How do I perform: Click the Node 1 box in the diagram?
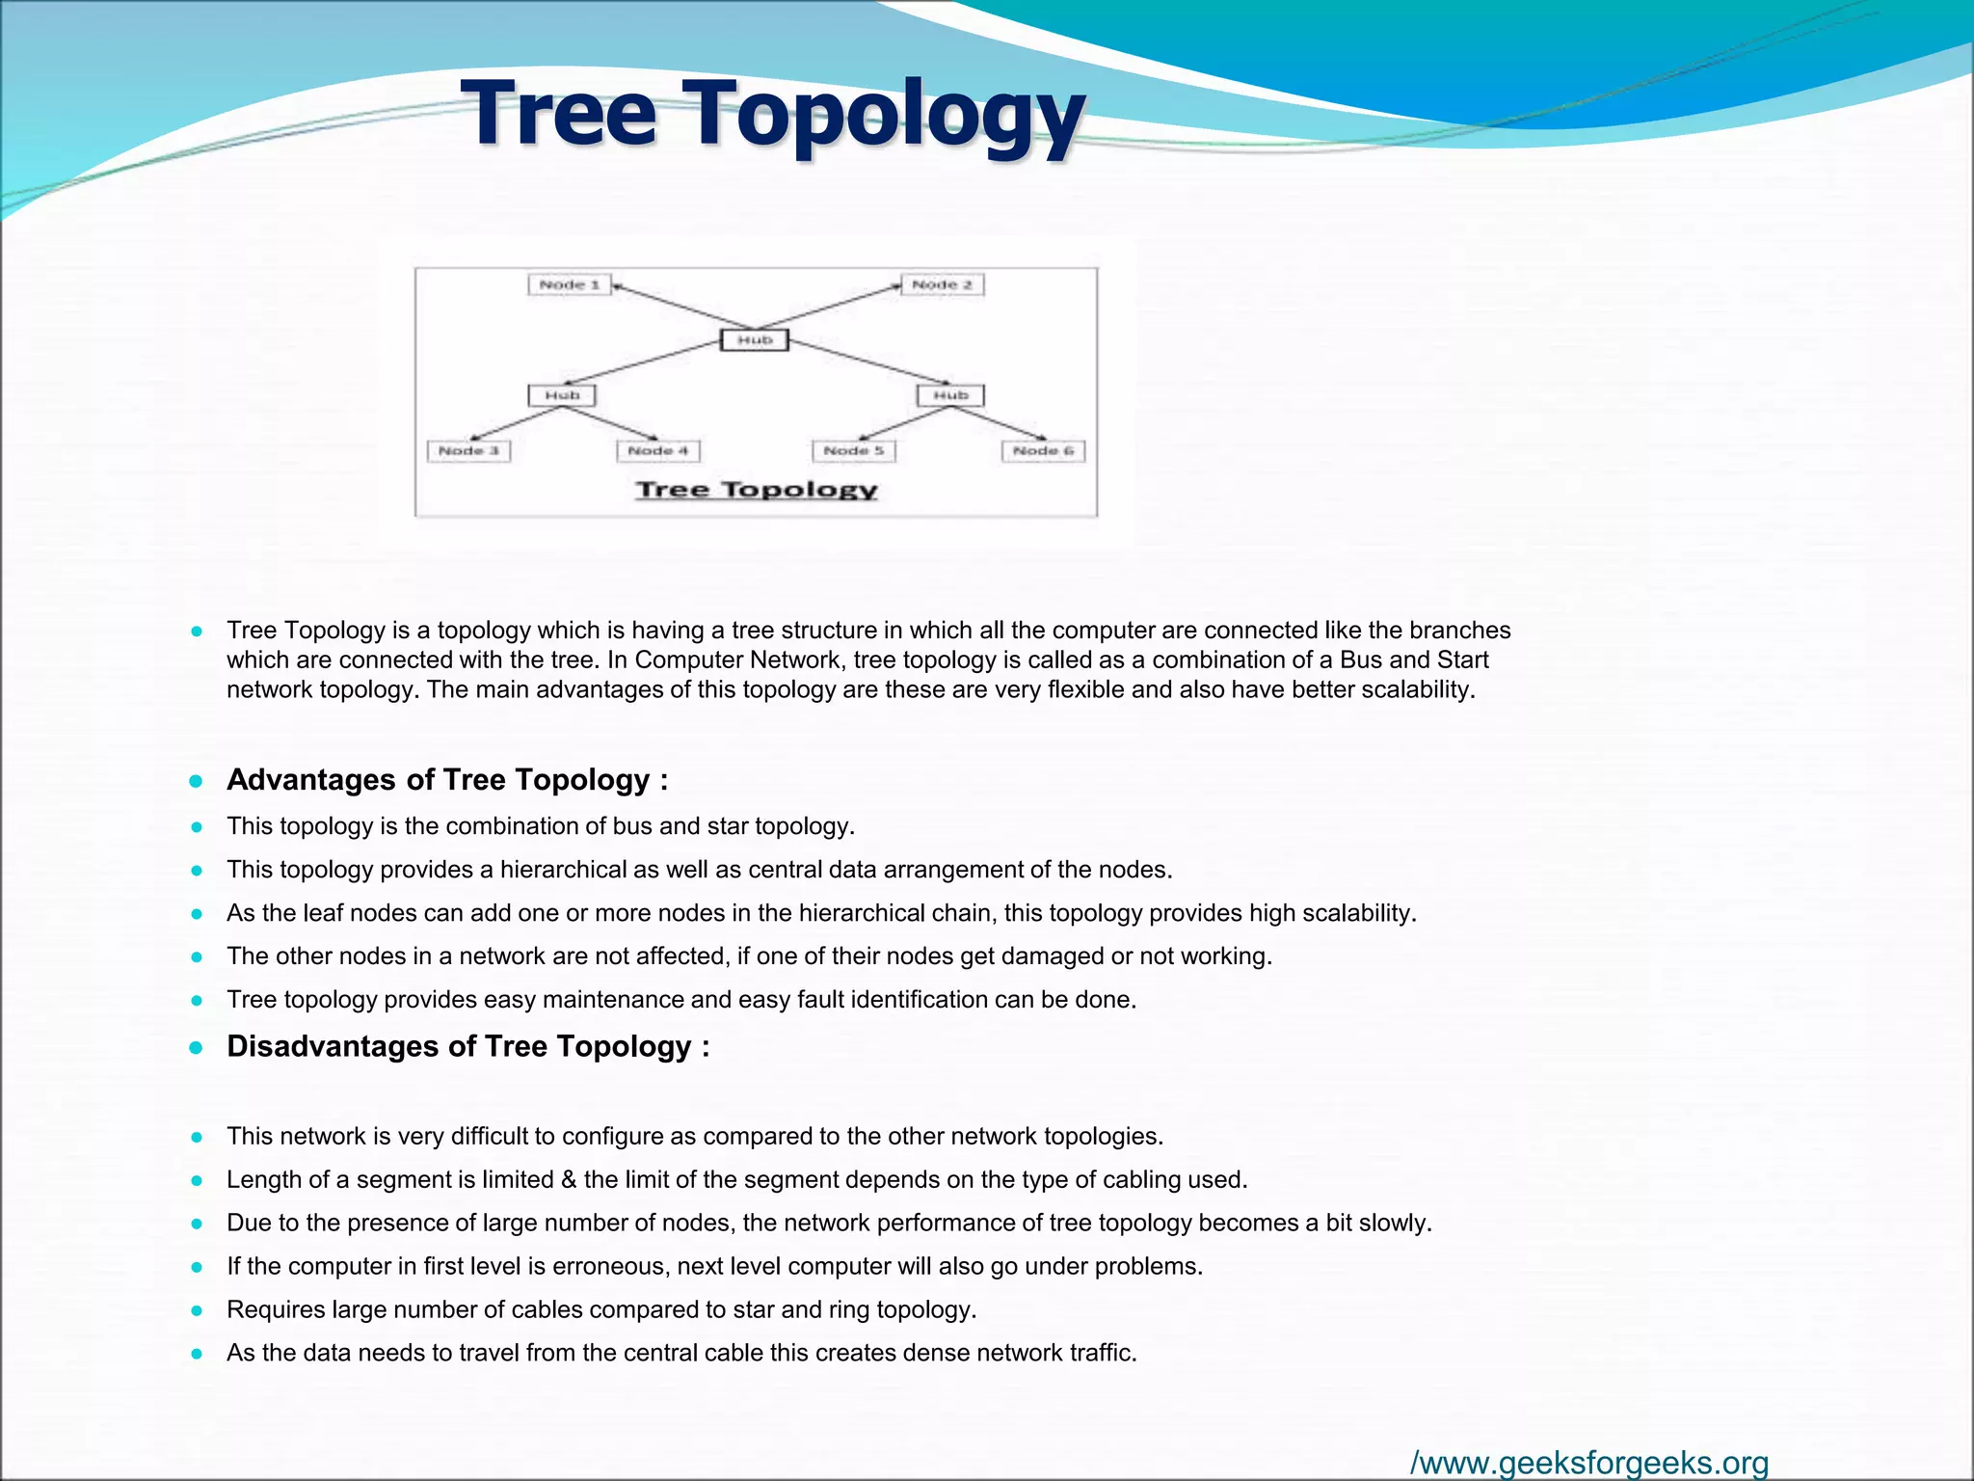570,284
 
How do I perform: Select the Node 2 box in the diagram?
943,284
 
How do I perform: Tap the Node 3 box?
468,451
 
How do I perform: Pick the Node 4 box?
658,451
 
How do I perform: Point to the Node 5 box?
854,451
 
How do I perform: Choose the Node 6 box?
1043,451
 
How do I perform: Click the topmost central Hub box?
755,340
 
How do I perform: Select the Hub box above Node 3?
562,395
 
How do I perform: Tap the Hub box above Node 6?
950,395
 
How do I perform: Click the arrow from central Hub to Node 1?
680,307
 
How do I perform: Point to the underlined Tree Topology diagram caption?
757,490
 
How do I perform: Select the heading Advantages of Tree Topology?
446,780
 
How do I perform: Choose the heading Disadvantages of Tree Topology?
467,1047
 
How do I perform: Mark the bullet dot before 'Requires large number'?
197,1310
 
